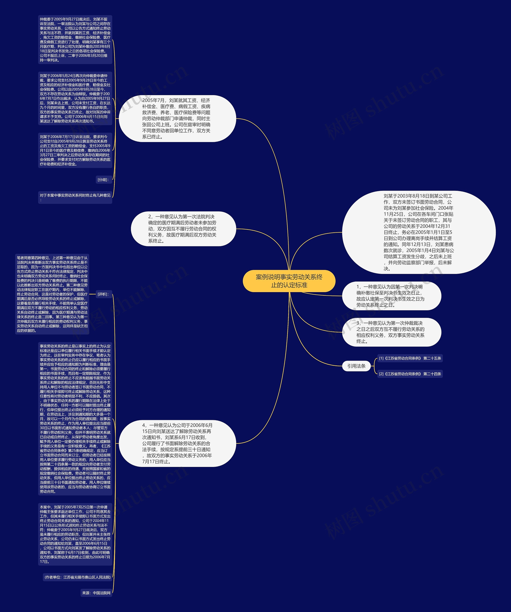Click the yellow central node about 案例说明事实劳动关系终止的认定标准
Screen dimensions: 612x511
[289, 281]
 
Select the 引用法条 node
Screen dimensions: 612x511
[356, 366]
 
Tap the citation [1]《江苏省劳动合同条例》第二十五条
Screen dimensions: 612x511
[410, 358]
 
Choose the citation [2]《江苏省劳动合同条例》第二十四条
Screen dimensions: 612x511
[410, 374]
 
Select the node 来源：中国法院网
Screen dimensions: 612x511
[96, 593]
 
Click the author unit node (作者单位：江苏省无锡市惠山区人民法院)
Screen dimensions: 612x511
[77, 577]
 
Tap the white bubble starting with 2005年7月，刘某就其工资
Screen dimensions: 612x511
[177, 119]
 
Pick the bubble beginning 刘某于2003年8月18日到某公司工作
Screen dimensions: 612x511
[419, 232]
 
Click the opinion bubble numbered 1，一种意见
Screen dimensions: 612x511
[391, 296]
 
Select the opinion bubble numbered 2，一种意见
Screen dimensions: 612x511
[183, 229]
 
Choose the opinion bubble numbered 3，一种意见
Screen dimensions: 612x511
[391, 332]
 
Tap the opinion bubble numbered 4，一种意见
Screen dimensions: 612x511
[177, 443]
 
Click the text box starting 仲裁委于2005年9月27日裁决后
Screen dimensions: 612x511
[75, 40]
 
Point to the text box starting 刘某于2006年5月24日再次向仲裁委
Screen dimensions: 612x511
[75, 99]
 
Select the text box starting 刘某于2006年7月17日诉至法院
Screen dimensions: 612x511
[75, 150]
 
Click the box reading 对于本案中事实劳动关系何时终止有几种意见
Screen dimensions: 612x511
[75, 197]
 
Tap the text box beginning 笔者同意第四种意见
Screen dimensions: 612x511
[52, 294]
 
